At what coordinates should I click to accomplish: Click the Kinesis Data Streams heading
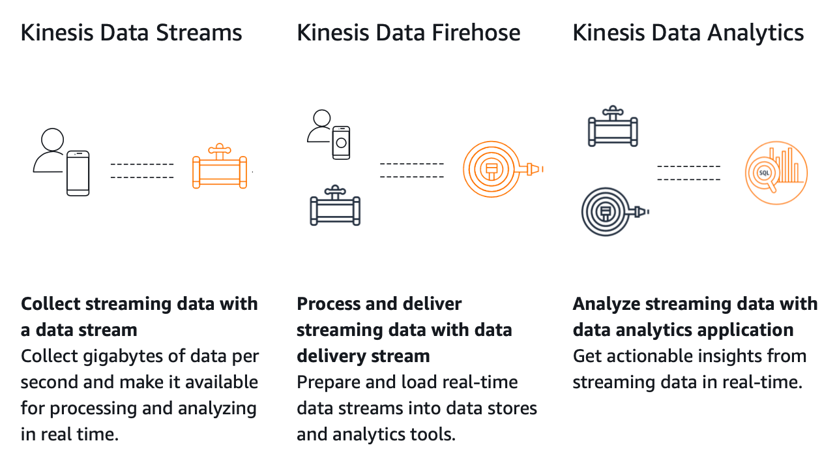click(131, 33)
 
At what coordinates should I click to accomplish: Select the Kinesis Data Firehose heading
click(408, 33)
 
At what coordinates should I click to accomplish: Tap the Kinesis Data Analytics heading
click(688, 33)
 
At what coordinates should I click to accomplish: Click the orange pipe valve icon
click(220, 168)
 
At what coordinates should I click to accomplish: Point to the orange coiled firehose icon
click(492, 169)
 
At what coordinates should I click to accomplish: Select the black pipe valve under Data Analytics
click(612, 128)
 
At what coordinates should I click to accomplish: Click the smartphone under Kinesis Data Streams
click(78, 173)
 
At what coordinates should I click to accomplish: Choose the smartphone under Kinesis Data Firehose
click(341, 142)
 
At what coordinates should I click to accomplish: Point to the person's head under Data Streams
click(52, 139)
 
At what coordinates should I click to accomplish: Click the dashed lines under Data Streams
click(142, 170)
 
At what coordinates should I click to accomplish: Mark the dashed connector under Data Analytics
click(688, 173)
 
